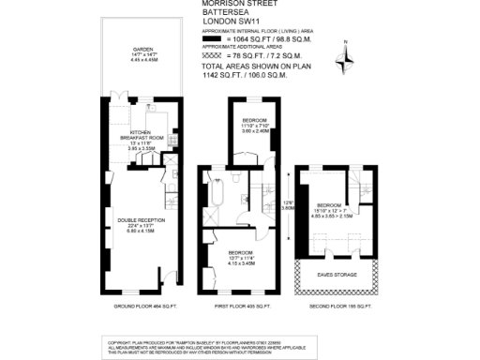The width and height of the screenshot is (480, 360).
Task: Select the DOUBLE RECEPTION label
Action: click(141, 220)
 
